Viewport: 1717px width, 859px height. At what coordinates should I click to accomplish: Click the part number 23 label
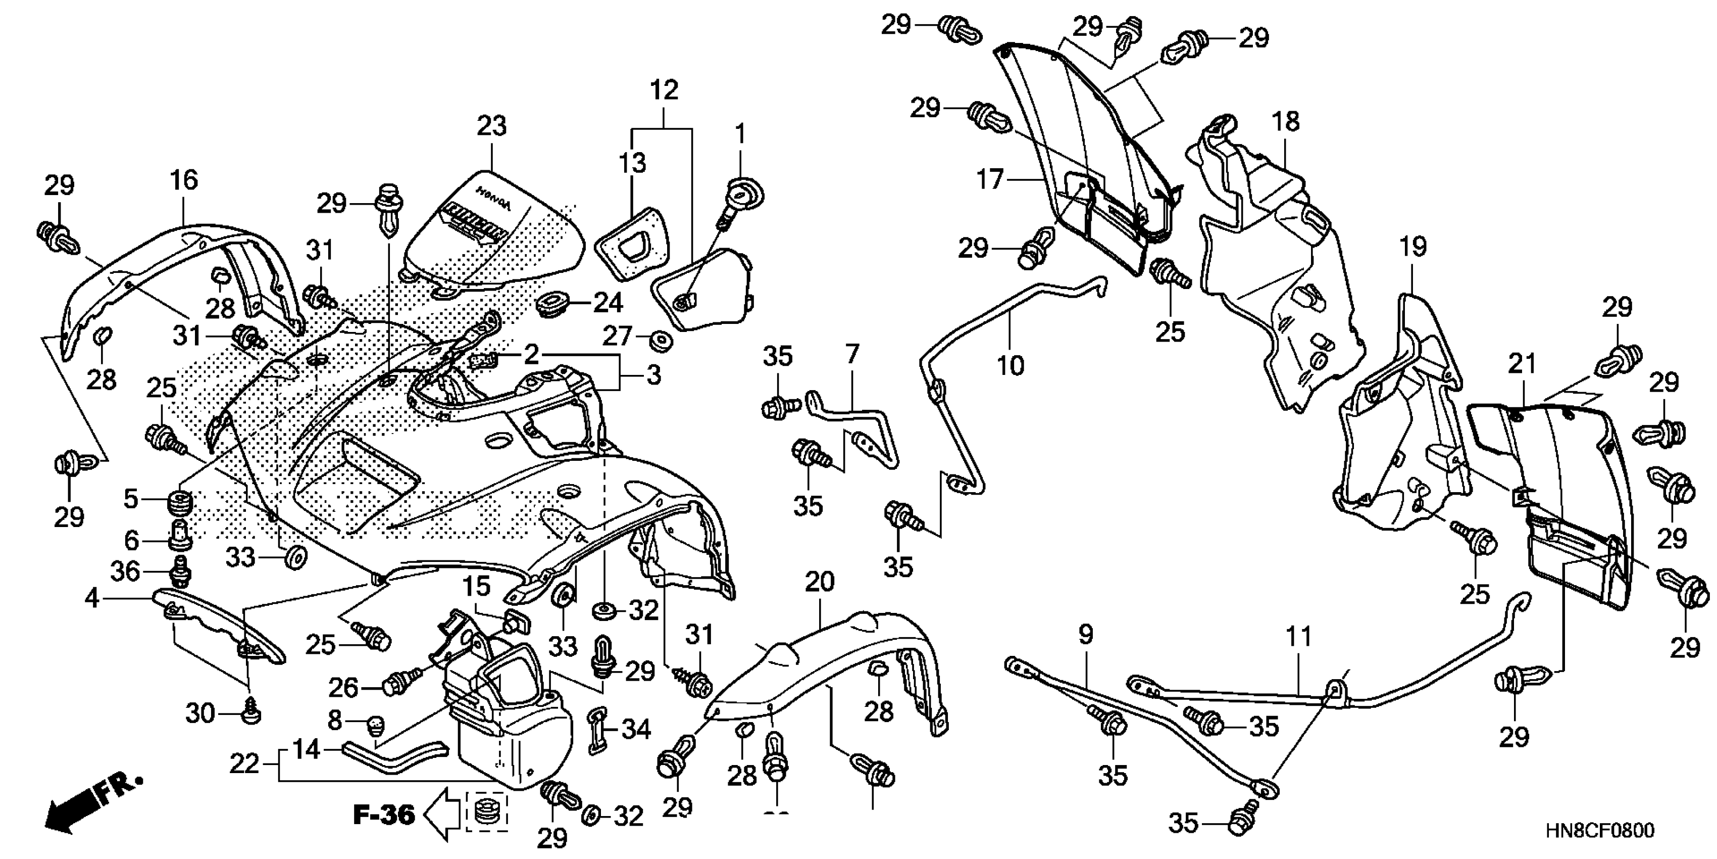point(492,125)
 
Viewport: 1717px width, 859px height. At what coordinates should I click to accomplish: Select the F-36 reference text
point(383,815)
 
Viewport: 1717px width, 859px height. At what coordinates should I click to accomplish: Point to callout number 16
point(184,179)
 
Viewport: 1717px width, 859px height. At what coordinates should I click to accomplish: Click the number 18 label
point(1285,121)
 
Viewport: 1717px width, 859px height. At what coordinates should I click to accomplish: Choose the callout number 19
point(1413,247)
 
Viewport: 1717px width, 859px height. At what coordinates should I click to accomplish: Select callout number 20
point(819,582)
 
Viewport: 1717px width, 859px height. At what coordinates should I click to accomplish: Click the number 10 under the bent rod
point(1010,365)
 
